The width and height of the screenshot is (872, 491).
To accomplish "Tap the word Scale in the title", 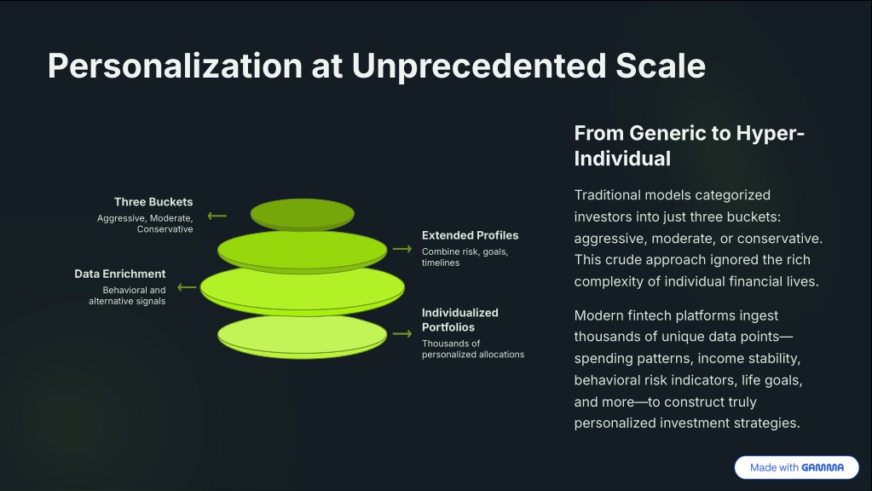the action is point(661,66).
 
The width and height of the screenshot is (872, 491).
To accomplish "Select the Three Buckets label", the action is point(153,202).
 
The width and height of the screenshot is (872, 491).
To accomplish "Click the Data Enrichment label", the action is point(120,274).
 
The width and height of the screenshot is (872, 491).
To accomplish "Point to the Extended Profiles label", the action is point(470,235).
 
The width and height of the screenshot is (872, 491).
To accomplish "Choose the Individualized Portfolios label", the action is point(460,320).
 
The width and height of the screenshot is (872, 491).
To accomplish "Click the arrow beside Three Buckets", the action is point(217,216).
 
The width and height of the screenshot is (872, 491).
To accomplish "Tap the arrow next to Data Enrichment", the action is point(187,287).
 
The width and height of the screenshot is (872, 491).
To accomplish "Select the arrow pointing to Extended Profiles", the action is point(402,249).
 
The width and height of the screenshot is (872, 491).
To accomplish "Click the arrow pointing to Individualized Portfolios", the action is point(402,333).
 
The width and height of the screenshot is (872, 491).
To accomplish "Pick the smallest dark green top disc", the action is point(302,214).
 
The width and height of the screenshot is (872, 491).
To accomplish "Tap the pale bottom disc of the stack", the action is point(302,338).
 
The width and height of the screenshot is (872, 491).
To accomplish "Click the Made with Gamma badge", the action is point(796,468).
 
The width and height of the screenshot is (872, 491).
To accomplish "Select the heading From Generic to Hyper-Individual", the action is point(689,146).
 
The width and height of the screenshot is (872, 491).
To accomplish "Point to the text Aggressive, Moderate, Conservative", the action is point(145,223).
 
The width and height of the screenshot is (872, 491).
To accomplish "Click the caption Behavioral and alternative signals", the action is point(127,295).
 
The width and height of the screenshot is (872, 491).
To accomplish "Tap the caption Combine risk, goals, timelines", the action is point(465,257).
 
